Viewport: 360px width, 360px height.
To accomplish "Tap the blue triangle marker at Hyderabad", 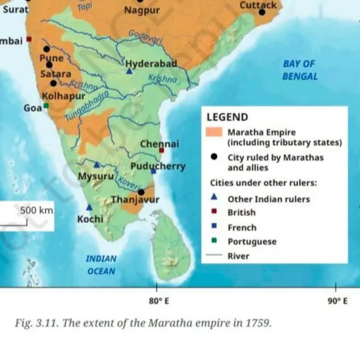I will point(129,71).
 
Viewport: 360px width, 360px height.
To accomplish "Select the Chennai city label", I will point(159,144).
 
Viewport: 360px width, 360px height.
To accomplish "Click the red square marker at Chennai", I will point(161,151).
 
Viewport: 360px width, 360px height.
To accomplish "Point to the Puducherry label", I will point(157,166).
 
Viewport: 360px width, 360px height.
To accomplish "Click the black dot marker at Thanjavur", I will point(141,192).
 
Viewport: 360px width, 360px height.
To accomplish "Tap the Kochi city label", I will point(90,218).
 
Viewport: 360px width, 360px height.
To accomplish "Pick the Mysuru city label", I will point(96,177).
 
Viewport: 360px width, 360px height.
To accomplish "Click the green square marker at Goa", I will point(46,105).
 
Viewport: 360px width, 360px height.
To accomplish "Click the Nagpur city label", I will point(142,11).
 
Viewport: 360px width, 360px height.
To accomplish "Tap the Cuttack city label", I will point(258,5).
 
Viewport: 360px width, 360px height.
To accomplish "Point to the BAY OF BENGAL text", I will point(299,70).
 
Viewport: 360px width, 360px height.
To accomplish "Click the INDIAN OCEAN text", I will point(101,265).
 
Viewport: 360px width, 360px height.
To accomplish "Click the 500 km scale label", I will point(37,210).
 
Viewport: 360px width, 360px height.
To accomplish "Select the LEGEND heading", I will point(227,118).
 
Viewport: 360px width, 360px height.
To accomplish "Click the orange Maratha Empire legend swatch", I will point(214,133).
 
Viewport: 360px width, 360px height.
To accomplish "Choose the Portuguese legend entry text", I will point(251,242).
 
